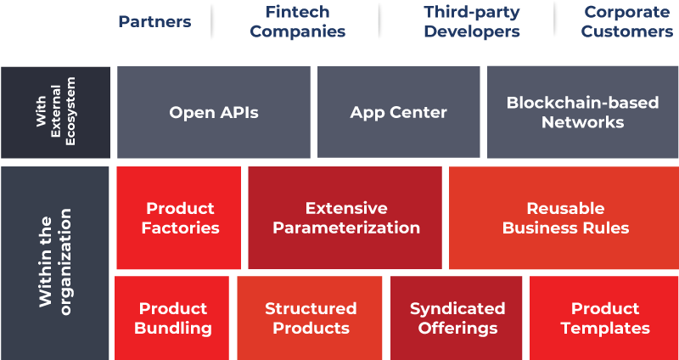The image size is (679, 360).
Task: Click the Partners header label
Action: click(x=154, y=22)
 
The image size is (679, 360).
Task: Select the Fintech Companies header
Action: click(x=298, y=22)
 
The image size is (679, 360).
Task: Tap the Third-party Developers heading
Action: click(x=472, y=22)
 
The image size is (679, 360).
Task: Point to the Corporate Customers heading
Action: click(x=627, y=22)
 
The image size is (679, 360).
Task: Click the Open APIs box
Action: click(x=214, y=112)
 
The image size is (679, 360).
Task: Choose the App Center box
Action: click(x=398, y=112)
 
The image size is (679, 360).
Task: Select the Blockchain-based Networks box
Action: click(x=582, y=112)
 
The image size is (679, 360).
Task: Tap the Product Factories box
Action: click(x=179, y=218)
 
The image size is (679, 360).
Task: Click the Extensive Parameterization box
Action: click(x=345, y=218)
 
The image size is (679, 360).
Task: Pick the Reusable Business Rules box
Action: click(x=564, y=218)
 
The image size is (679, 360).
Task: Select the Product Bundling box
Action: click(x=172, y=318)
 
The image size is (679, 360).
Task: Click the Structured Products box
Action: click(x=310, y=318)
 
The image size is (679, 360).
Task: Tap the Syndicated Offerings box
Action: click(x=457, y=318)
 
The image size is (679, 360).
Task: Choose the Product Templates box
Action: click(x=604, y=318)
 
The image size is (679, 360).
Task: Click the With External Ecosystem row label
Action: click(x=55, y=112)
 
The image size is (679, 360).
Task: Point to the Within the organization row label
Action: click(x=54, y=263)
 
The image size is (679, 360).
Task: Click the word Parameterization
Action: click(x=346, y=228)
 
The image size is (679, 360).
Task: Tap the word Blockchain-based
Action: click(x=582, y=103)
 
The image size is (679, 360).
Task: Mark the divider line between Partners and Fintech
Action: click(x=211, y=22)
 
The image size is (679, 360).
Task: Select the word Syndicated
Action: click(x=457, y=308)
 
